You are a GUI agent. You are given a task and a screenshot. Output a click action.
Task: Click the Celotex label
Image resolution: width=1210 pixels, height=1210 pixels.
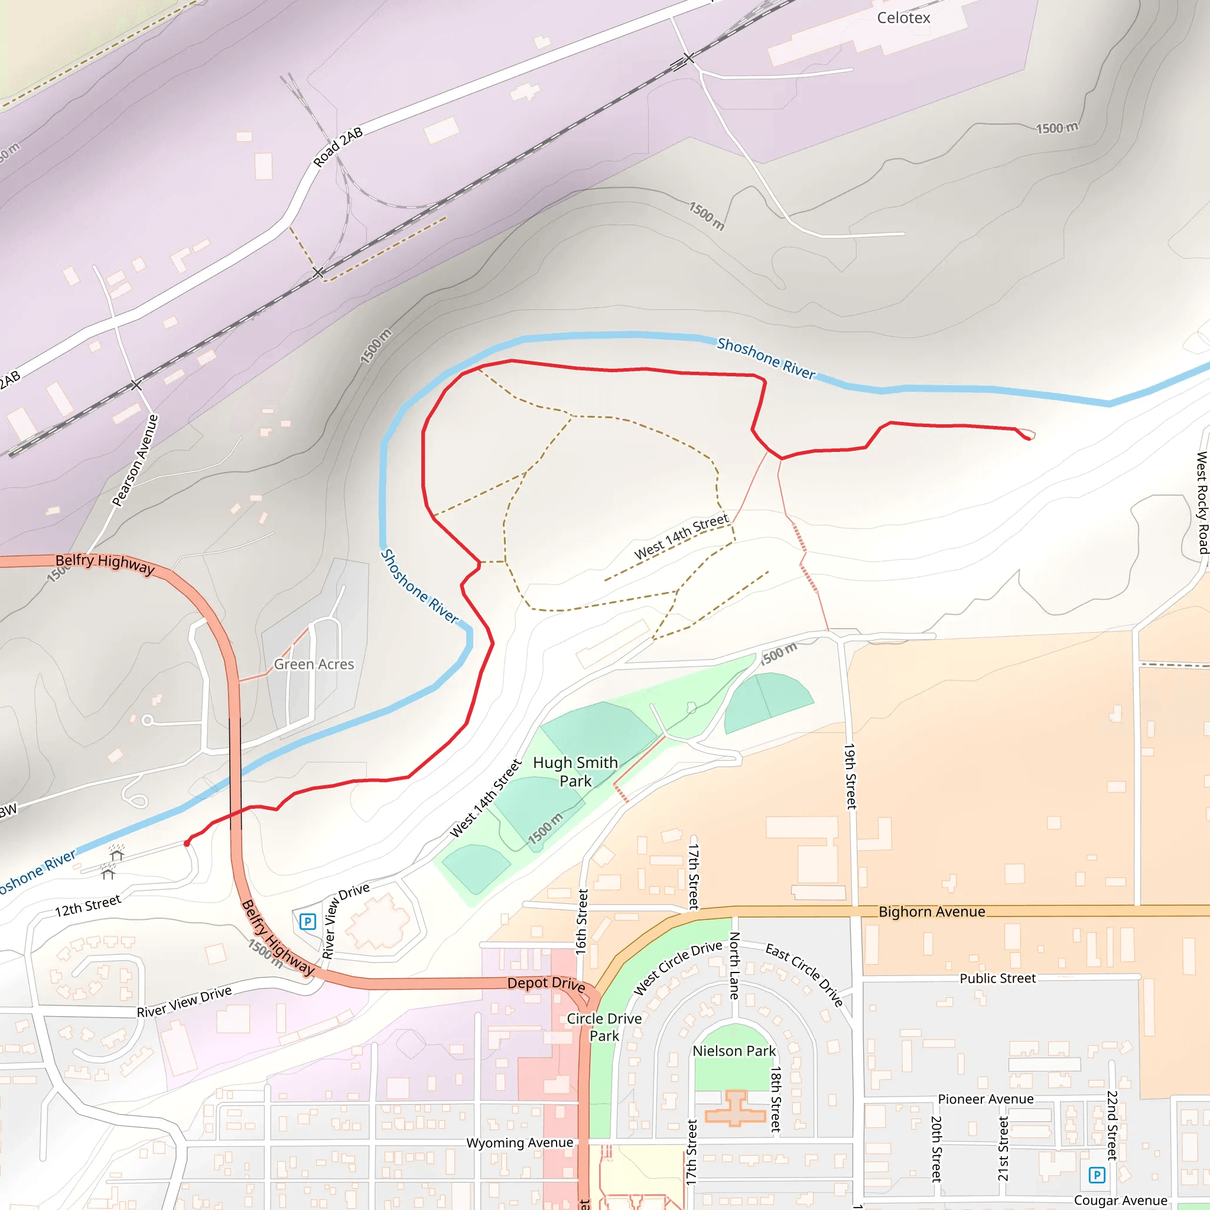click(903, 18)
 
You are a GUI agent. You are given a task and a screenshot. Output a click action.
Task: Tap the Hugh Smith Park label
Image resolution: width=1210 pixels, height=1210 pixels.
click(575, 772)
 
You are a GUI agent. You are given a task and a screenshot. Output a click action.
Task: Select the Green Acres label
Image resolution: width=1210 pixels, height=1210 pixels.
click(314, 664)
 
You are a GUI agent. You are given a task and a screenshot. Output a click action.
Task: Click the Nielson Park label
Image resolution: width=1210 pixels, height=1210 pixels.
click(734, 1051)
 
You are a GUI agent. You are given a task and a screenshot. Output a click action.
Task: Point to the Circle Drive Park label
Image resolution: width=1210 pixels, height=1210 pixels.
click(604, 1027)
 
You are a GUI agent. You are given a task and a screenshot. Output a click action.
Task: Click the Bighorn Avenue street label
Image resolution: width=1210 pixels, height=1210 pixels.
click(931, 912)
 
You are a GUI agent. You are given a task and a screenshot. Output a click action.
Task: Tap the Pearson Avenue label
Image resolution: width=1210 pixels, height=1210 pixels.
click(135, 460)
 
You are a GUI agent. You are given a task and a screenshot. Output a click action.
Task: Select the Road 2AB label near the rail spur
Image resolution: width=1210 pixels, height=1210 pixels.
click(338, 147)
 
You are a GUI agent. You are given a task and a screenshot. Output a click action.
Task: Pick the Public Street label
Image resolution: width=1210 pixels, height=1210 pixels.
click(998, 978)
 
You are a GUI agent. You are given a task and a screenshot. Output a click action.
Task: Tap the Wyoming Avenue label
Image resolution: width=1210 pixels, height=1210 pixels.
click(519, 1143)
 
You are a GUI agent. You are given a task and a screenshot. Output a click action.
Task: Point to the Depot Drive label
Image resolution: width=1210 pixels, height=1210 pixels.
click(546, 984)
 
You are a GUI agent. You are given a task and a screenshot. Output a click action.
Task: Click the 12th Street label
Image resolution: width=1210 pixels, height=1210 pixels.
click(87, 906)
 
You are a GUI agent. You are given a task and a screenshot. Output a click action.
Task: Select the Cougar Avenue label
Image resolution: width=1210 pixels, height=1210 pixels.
click(1120, 1200)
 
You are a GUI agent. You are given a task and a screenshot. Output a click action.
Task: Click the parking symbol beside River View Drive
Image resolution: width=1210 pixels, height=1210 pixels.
click(307, 921)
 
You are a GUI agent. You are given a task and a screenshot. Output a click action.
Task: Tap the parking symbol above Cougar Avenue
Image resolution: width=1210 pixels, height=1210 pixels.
click(1097, 1175)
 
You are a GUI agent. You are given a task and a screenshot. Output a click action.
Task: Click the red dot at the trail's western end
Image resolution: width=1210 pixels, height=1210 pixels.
click(187, 844)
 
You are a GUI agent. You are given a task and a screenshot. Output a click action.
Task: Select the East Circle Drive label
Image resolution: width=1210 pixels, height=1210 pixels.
click(805, 975)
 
